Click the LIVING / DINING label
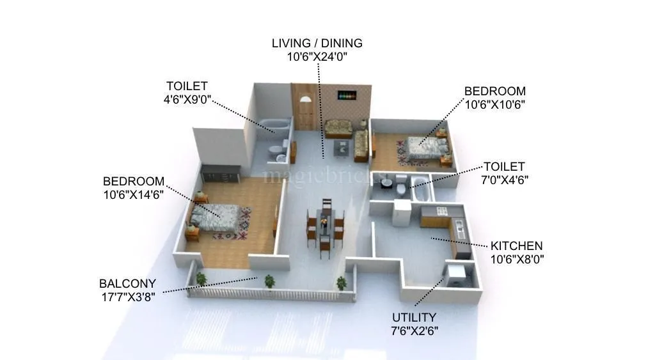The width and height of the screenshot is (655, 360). click(x=317, y=43)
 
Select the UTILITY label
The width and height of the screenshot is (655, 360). click(x=414, y=317)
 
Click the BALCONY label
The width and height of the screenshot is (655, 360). click(x=127, y=283)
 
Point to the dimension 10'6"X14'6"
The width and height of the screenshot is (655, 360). click(x=134, y=194)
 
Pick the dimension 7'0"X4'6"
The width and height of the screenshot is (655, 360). click(x=503, y=180)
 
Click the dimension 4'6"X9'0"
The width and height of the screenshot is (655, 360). click(x=187, y=99)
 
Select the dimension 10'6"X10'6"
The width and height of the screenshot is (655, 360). click(x=494, y=104)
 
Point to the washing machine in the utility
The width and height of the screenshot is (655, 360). click(x=458, y=276)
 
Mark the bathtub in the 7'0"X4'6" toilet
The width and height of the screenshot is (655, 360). click(x=422, y=189)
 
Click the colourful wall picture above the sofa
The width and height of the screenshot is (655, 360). click(x=349, y=96)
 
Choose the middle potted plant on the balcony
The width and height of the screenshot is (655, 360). click(x=269, y=280)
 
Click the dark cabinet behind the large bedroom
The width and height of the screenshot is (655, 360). click(x=221, y=172)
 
